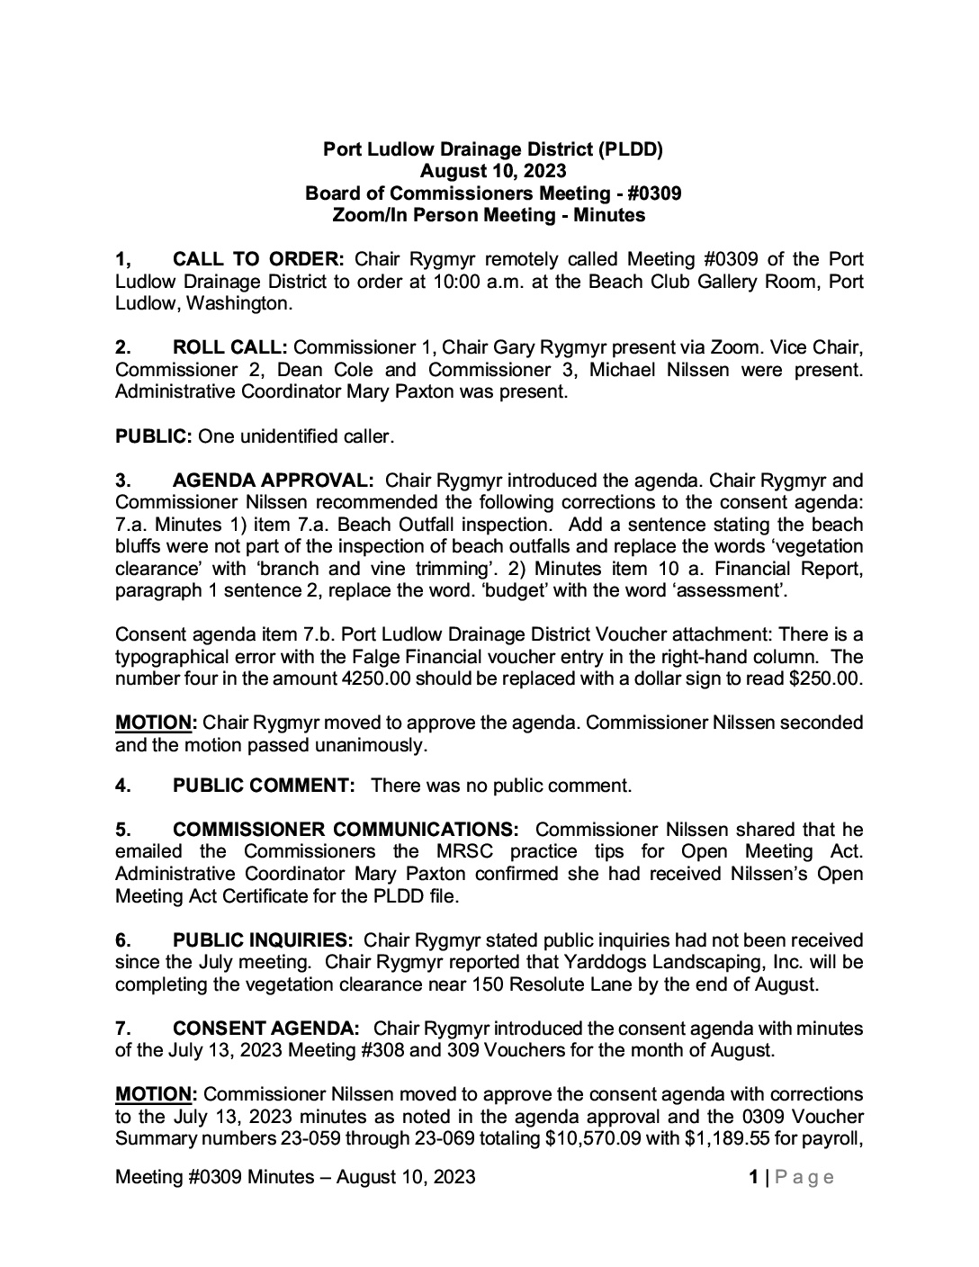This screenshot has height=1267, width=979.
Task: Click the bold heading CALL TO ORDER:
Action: [258, 260]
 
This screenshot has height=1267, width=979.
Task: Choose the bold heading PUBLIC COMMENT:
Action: [265, 786]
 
